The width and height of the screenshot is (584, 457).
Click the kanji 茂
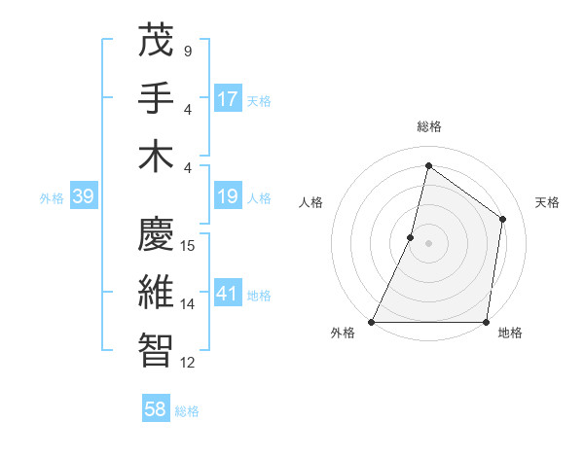tap(156, 40)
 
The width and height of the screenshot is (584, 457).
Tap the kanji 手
tap(156, 97)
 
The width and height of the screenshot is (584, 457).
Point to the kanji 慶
tap(156, 233)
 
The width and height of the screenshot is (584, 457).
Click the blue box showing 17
tap(228, 98)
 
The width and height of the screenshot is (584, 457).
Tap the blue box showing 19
tap(228, 197)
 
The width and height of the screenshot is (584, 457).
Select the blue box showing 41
tap(228, 294)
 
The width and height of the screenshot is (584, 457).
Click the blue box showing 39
tap(83, 197)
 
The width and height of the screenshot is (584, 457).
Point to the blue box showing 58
tap(156, 409)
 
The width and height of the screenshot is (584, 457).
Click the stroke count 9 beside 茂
tap(188, 51)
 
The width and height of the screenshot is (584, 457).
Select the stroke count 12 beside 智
tap(188, 363)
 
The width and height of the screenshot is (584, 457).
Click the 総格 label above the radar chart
tap(429, 126)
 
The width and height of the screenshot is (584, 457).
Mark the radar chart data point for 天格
tap(503, 219)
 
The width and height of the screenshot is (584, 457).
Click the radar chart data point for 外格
tap(372, 322)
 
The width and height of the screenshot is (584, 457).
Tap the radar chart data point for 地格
tap(487, 322)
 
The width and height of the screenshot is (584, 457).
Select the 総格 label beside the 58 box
tap(188, 411)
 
